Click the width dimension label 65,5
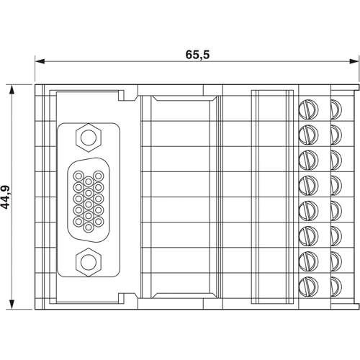[x=197, y=53]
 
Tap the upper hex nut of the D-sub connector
[x=88, y=135]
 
